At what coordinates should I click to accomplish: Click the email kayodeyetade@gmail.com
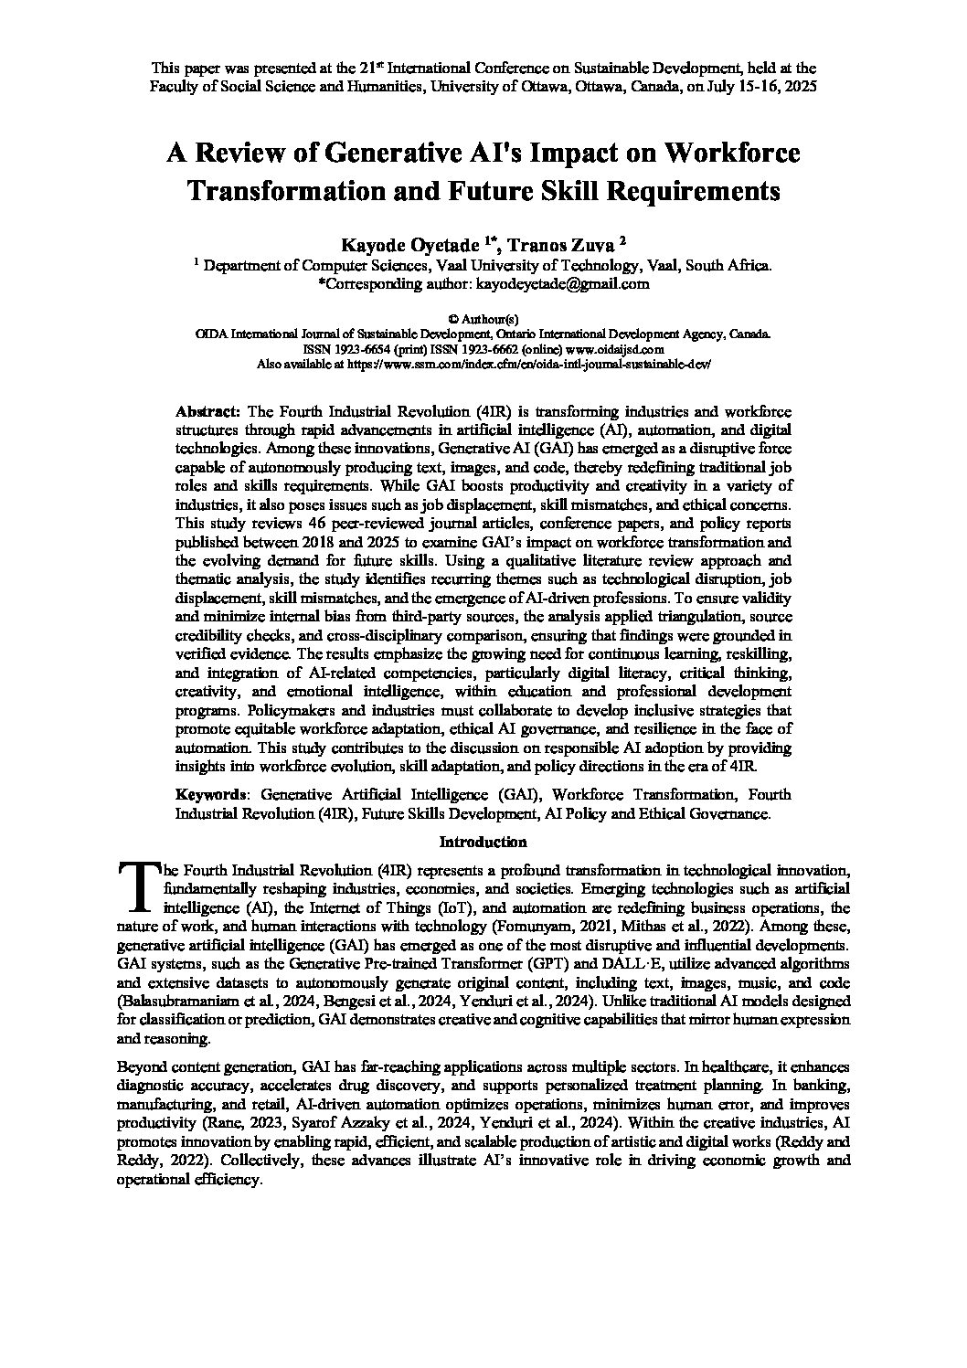tap(560, 284)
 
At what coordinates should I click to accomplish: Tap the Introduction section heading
tap(483, 842)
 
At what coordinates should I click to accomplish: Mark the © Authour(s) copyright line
tap(484, 319)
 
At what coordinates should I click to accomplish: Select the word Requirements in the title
tap(698, 192)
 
